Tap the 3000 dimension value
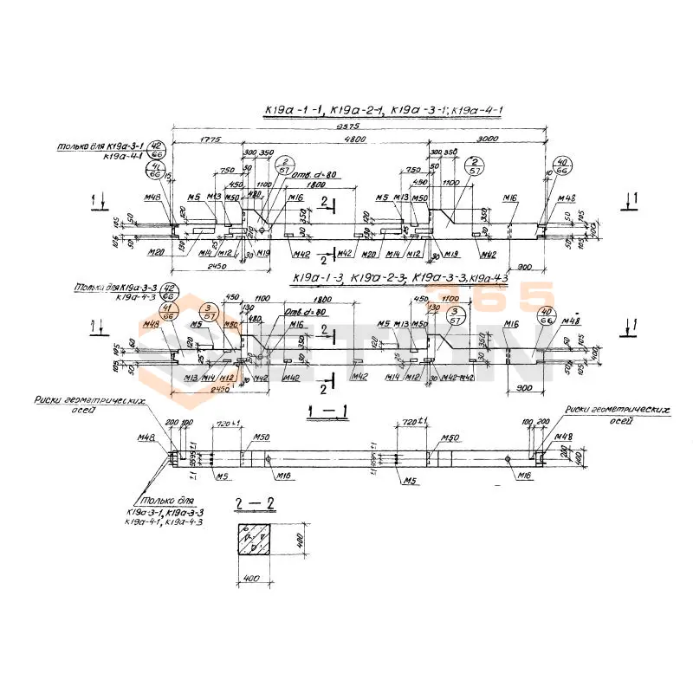click(x=489, y=139)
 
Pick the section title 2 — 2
click(x=252, y=502)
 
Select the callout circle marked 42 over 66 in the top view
click(x=156, y=147)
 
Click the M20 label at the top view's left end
click(x=156, y=253)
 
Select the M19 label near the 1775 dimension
click(x=265, y=253)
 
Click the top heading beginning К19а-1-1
click(x=383, y=110)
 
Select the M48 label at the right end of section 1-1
click(x=564, y=436)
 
